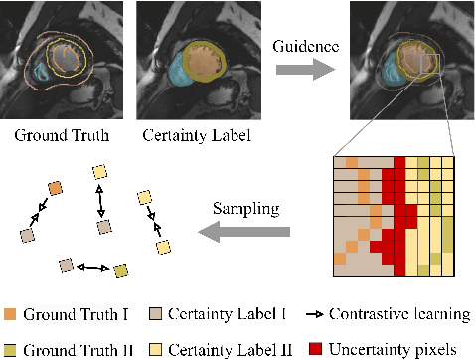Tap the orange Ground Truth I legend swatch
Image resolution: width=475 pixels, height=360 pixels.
point(11,315)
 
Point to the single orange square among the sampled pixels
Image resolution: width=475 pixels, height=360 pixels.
point(56,190)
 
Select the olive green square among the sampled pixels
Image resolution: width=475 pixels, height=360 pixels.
point(120,270)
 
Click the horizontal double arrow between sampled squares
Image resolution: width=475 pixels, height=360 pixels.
point(92,268)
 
